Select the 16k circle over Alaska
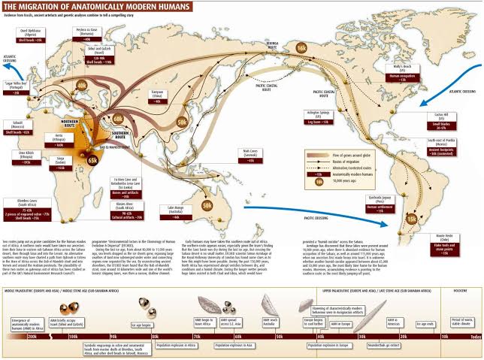coord(301,47)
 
